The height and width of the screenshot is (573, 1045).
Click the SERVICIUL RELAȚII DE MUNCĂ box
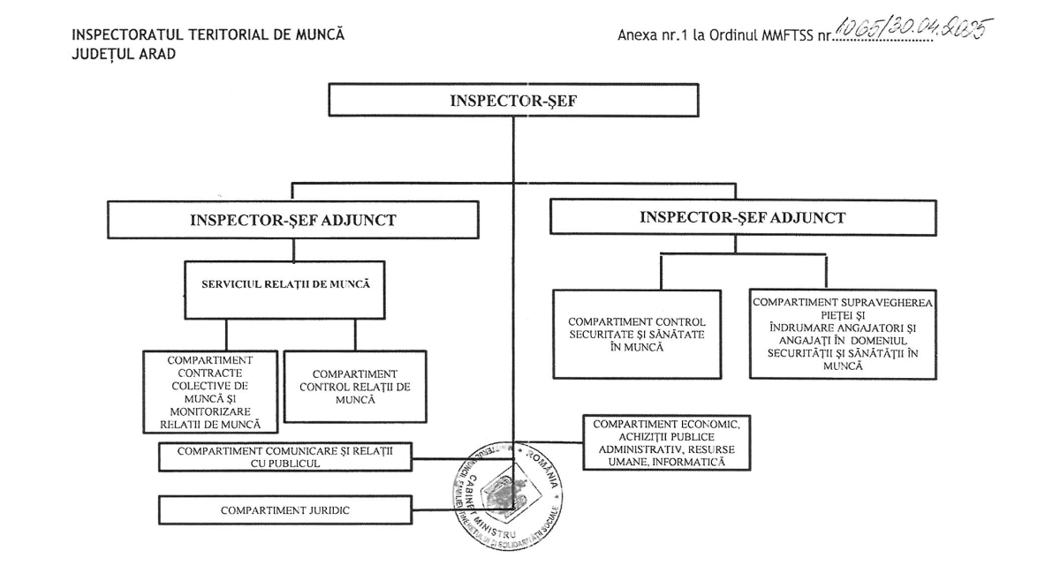[285, 289]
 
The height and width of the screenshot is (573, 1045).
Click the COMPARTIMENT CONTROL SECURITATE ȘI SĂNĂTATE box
[642, 334]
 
